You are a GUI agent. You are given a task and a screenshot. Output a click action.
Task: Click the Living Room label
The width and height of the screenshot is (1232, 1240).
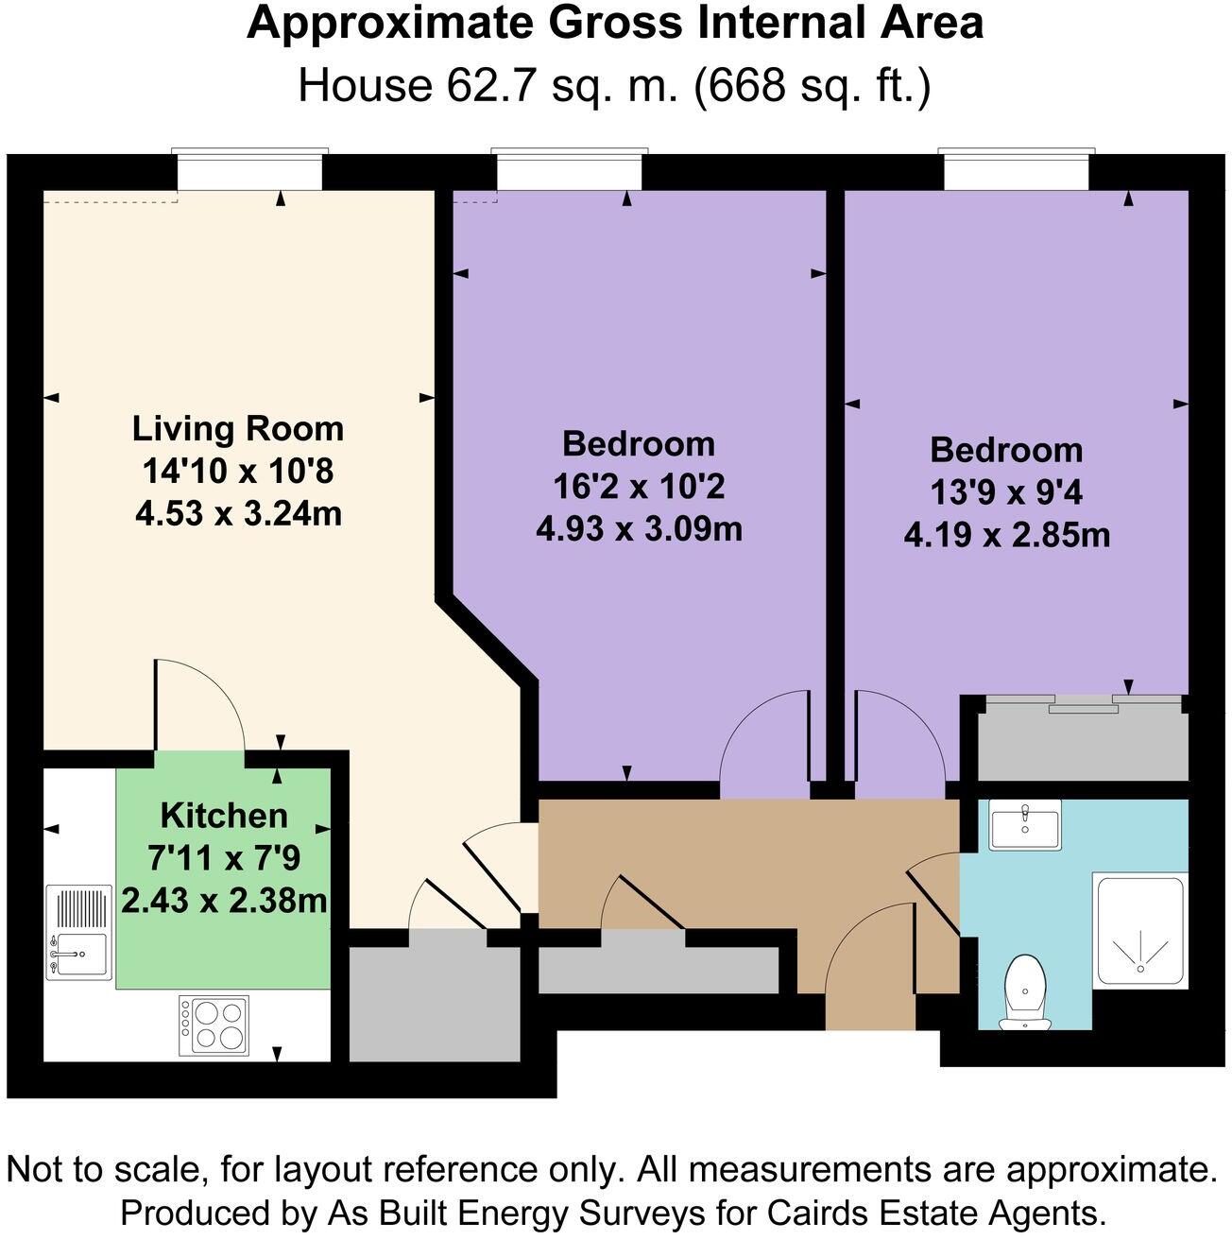pyautogui.click(x=237, y=428)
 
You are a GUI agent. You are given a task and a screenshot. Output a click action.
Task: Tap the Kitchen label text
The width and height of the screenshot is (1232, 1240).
pyautogui.click(x=224, y=815)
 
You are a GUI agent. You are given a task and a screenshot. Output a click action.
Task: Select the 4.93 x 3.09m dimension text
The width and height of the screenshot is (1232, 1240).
pyautogui.click(x=639, y=528)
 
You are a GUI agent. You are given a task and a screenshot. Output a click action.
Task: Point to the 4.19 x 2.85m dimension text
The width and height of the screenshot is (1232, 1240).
pyautogui.click(x=1006, y=536)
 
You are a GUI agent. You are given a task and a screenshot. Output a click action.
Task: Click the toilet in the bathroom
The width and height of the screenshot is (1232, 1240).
pyautogui.click(x=1024, y=989)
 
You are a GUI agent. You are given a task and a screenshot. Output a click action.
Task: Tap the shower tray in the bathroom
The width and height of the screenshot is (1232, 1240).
pyautogui.click(x=1140, y=931)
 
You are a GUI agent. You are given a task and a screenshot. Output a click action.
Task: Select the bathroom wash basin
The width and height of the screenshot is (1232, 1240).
pyautogui.click(x=1025, y=823)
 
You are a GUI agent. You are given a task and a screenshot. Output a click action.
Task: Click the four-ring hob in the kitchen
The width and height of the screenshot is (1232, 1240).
pyautogui.click(x=214, y=1025)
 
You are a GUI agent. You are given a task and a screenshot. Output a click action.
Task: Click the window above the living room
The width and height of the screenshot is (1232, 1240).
pyautogui.click(x=250, y=171)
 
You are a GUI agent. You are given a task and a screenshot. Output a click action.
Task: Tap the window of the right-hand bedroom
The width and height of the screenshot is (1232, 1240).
pyautogui.click(x=1016, y=171)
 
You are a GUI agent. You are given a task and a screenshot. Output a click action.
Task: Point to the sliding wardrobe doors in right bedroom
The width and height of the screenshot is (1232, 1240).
pyautogui.click(x=1082, y=701)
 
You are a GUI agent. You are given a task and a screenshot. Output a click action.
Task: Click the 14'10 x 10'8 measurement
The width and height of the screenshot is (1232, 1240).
pyautogui.click(x=237, y=471)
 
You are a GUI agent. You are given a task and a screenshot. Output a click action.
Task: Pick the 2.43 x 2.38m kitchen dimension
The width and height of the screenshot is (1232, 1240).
pyautogui.click(x=224, y=901)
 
